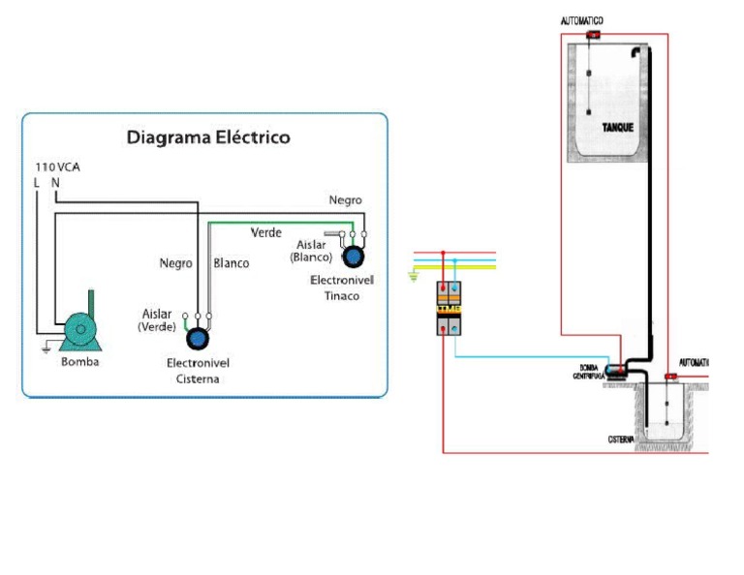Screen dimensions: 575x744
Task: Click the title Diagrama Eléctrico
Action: (208, 137)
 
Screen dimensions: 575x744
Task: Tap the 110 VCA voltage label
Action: (57, 167)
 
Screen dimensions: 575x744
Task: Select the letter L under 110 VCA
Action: (37, 182)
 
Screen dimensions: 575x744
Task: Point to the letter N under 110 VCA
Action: (55, 182)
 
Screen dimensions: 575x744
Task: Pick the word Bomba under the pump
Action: (79, 362)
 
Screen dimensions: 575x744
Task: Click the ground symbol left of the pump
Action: (46, 348)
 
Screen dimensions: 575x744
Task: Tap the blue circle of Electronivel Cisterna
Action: (198, 338)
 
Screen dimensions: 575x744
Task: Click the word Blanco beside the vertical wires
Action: (231, 263)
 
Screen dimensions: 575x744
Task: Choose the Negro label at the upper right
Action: (345, 200)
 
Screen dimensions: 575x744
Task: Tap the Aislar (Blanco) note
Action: (311, 252)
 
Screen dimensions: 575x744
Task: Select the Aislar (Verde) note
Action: (157, 320)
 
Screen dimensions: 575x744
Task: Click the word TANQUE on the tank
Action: (617, 128)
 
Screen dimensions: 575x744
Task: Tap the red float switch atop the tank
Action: (593, 35)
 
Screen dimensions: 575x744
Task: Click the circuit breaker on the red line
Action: (448, 308)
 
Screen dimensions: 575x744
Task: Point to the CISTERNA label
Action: (621, 439)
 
